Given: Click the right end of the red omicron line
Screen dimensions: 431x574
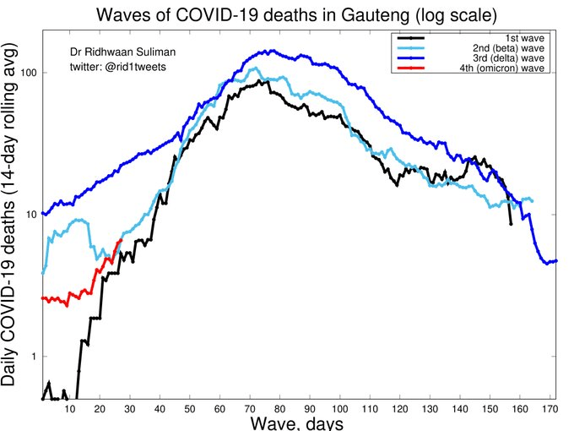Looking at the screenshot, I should click(x=121, y=241).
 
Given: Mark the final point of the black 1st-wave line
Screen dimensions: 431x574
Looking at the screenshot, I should click(x=511, y=224).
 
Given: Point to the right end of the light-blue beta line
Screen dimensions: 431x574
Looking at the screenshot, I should click(x=532, y=200).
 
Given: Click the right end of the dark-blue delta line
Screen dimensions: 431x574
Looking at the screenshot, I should click(x=557, y=261).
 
